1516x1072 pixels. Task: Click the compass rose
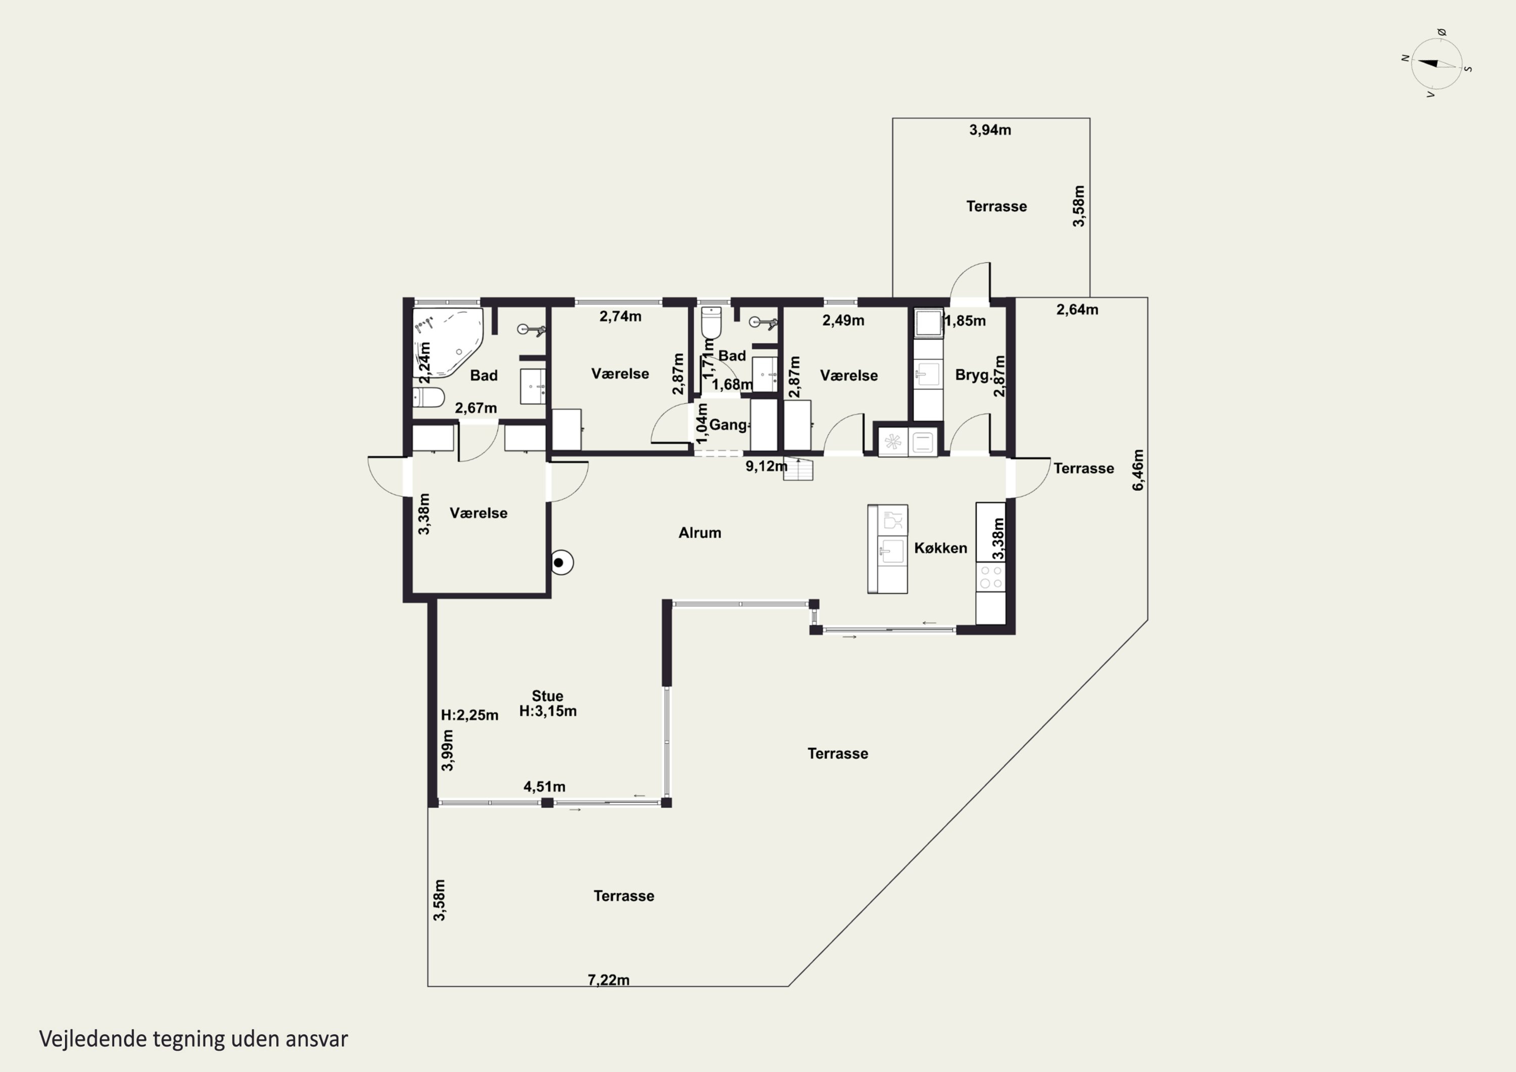point(1436,63)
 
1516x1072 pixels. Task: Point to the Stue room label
point(547,696)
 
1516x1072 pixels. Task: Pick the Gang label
point(729,425)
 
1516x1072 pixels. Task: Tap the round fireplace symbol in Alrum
point(561,563)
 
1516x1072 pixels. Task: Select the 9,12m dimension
point(766,467)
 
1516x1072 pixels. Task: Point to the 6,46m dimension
point(1139,470)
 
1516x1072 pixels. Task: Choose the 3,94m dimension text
point(990,130)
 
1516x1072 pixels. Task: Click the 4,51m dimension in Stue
point(544,786)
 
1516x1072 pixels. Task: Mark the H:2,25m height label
point(469,715)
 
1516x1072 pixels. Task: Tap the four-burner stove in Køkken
point(990,577)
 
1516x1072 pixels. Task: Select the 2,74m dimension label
point(620,316)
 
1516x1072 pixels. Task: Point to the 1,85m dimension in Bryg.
point(965,321)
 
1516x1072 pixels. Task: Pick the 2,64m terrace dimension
point(1077,310)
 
